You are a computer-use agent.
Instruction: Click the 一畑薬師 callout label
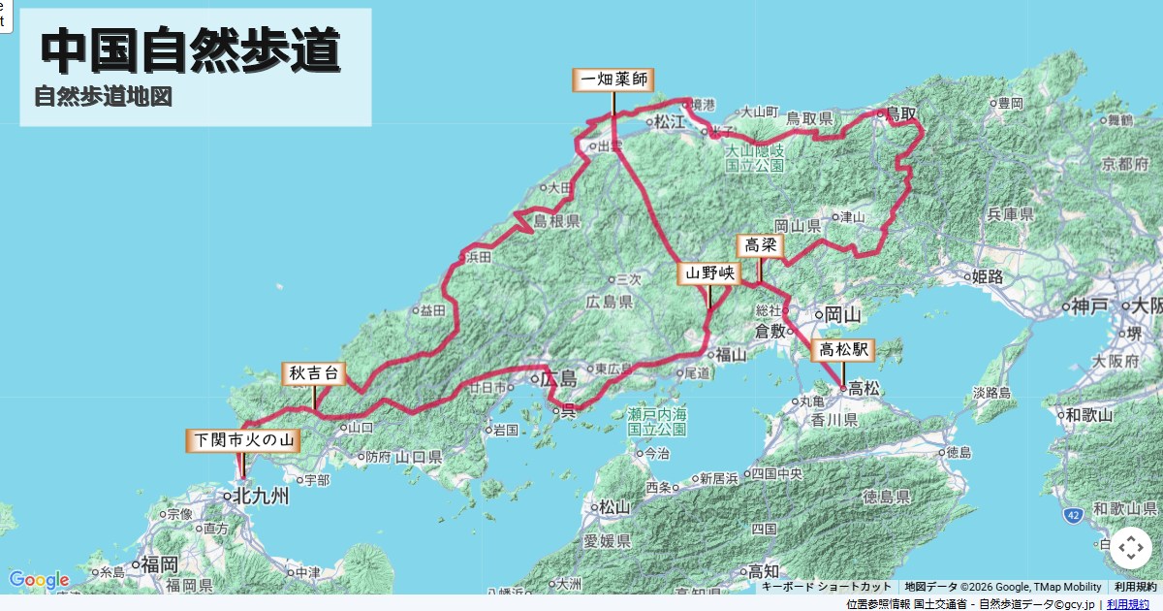[x=613, y=80]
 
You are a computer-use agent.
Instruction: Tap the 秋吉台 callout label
[x=314, y=373]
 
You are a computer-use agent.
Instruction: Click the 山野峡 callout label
[x=708, y=273]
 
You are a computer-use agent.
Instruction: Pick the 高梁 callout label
[x=760, y=245]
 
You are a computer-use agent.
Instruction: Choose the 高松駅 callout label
[x=843, y=350]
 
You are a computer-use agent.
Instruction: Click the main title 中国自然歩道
[x=191, y=50]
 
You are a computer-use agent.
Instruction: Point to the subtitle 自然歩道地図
[x=103, y=97]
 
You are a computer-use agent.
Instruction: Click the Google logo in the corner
[x=39, y=580]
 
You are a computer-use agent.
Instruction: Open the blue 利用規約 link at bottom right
[x=1128, y=604]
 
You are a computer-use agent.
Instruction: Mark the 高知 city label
[x=752, y=571]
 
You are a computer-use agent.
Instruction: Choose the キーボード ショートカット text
[x=827, y=587]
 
